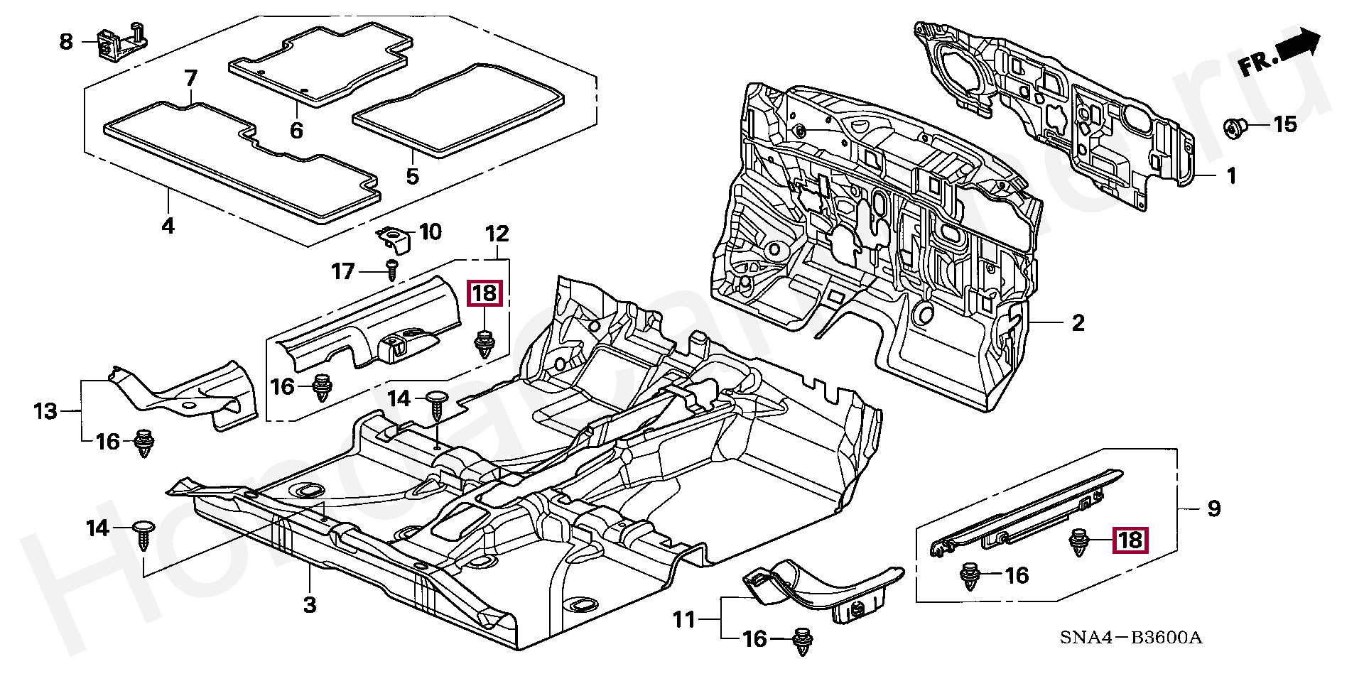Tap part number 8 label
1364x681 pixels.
[x=66, y=41]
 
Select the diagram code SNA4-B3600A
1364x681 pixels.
[x=1131, y=637]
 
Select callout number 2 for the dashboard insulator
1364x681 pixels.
[x=1078, y=323]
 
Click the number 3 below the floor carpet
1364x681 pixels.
[x=309, y=605]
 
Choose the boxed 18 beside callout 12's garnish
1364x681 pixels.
[x=485, y=293]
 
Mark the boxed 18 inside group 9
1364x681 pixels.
[x=1130, y=540]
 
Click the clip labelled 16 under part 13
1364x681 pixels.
[x=144, y=443]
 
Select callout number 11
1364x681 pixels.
[x=684, y=620]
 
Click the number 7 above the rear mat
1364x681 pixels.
[x=190, y=77]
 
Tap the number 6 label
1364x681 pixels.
[x=296, y=130]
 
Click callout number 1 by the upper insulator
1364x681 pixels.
[x=1231, y=175]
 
